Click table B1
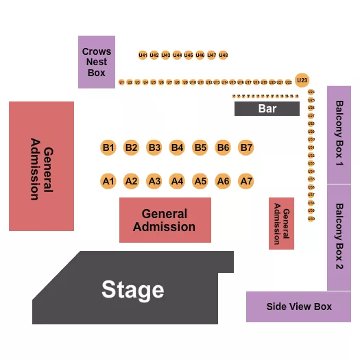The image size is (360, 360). click(x=108, y=147)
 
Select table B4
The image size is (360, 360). click(x=177, y=147)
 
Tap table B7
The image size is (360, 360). click(x=246, y=147)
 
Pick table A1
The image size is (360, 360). click(x=108, y=181)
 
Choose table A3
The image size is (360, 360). click(x=154, y=181)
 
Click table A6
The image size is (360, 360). click(x=223, y=181)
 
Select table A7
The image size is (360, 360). click(x=246, y=181)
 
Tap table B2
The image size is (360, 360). click(x=132, y=147)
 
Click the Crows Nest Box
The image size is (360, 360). click(x=97, y=62)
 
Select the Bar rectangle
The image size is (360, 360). click(x=267, y=108)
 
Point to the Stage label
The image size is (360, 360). click(x=133, y=290)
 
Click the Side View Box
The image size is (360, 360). click(x=298, y=307)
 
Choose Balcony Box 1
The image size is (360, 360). click(x=339, y=134)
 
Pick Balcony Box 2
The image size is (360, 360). click(x=339, y=237)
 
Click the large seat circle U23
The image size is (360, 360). click(x=302, y=80)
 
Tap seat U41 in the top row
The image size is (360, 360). click(x=143, y=55)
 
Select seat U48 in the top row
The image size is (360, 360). click(x=224, y=55)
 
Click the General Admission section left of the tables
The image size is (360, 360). click(x=41, y=166)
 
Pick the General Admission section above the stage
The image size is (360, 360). click(x=165, y=220)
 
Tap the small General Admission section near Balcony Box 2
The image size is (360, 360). click(x=281, y=224)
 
